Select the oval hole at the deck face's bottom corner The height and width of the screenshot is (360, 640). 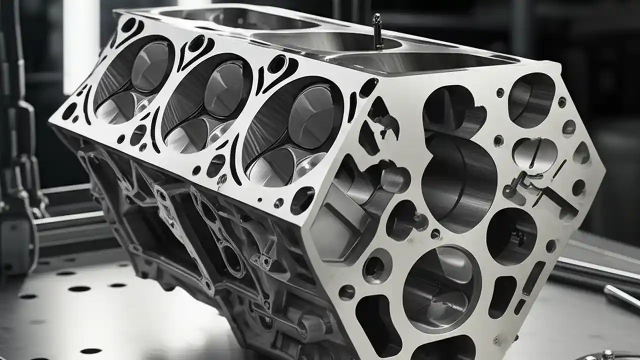pyautogui.click(x=302, y=200)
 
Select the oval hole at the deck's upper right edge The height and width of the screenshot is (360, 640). pyautogui.click(x=368, y=88)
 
